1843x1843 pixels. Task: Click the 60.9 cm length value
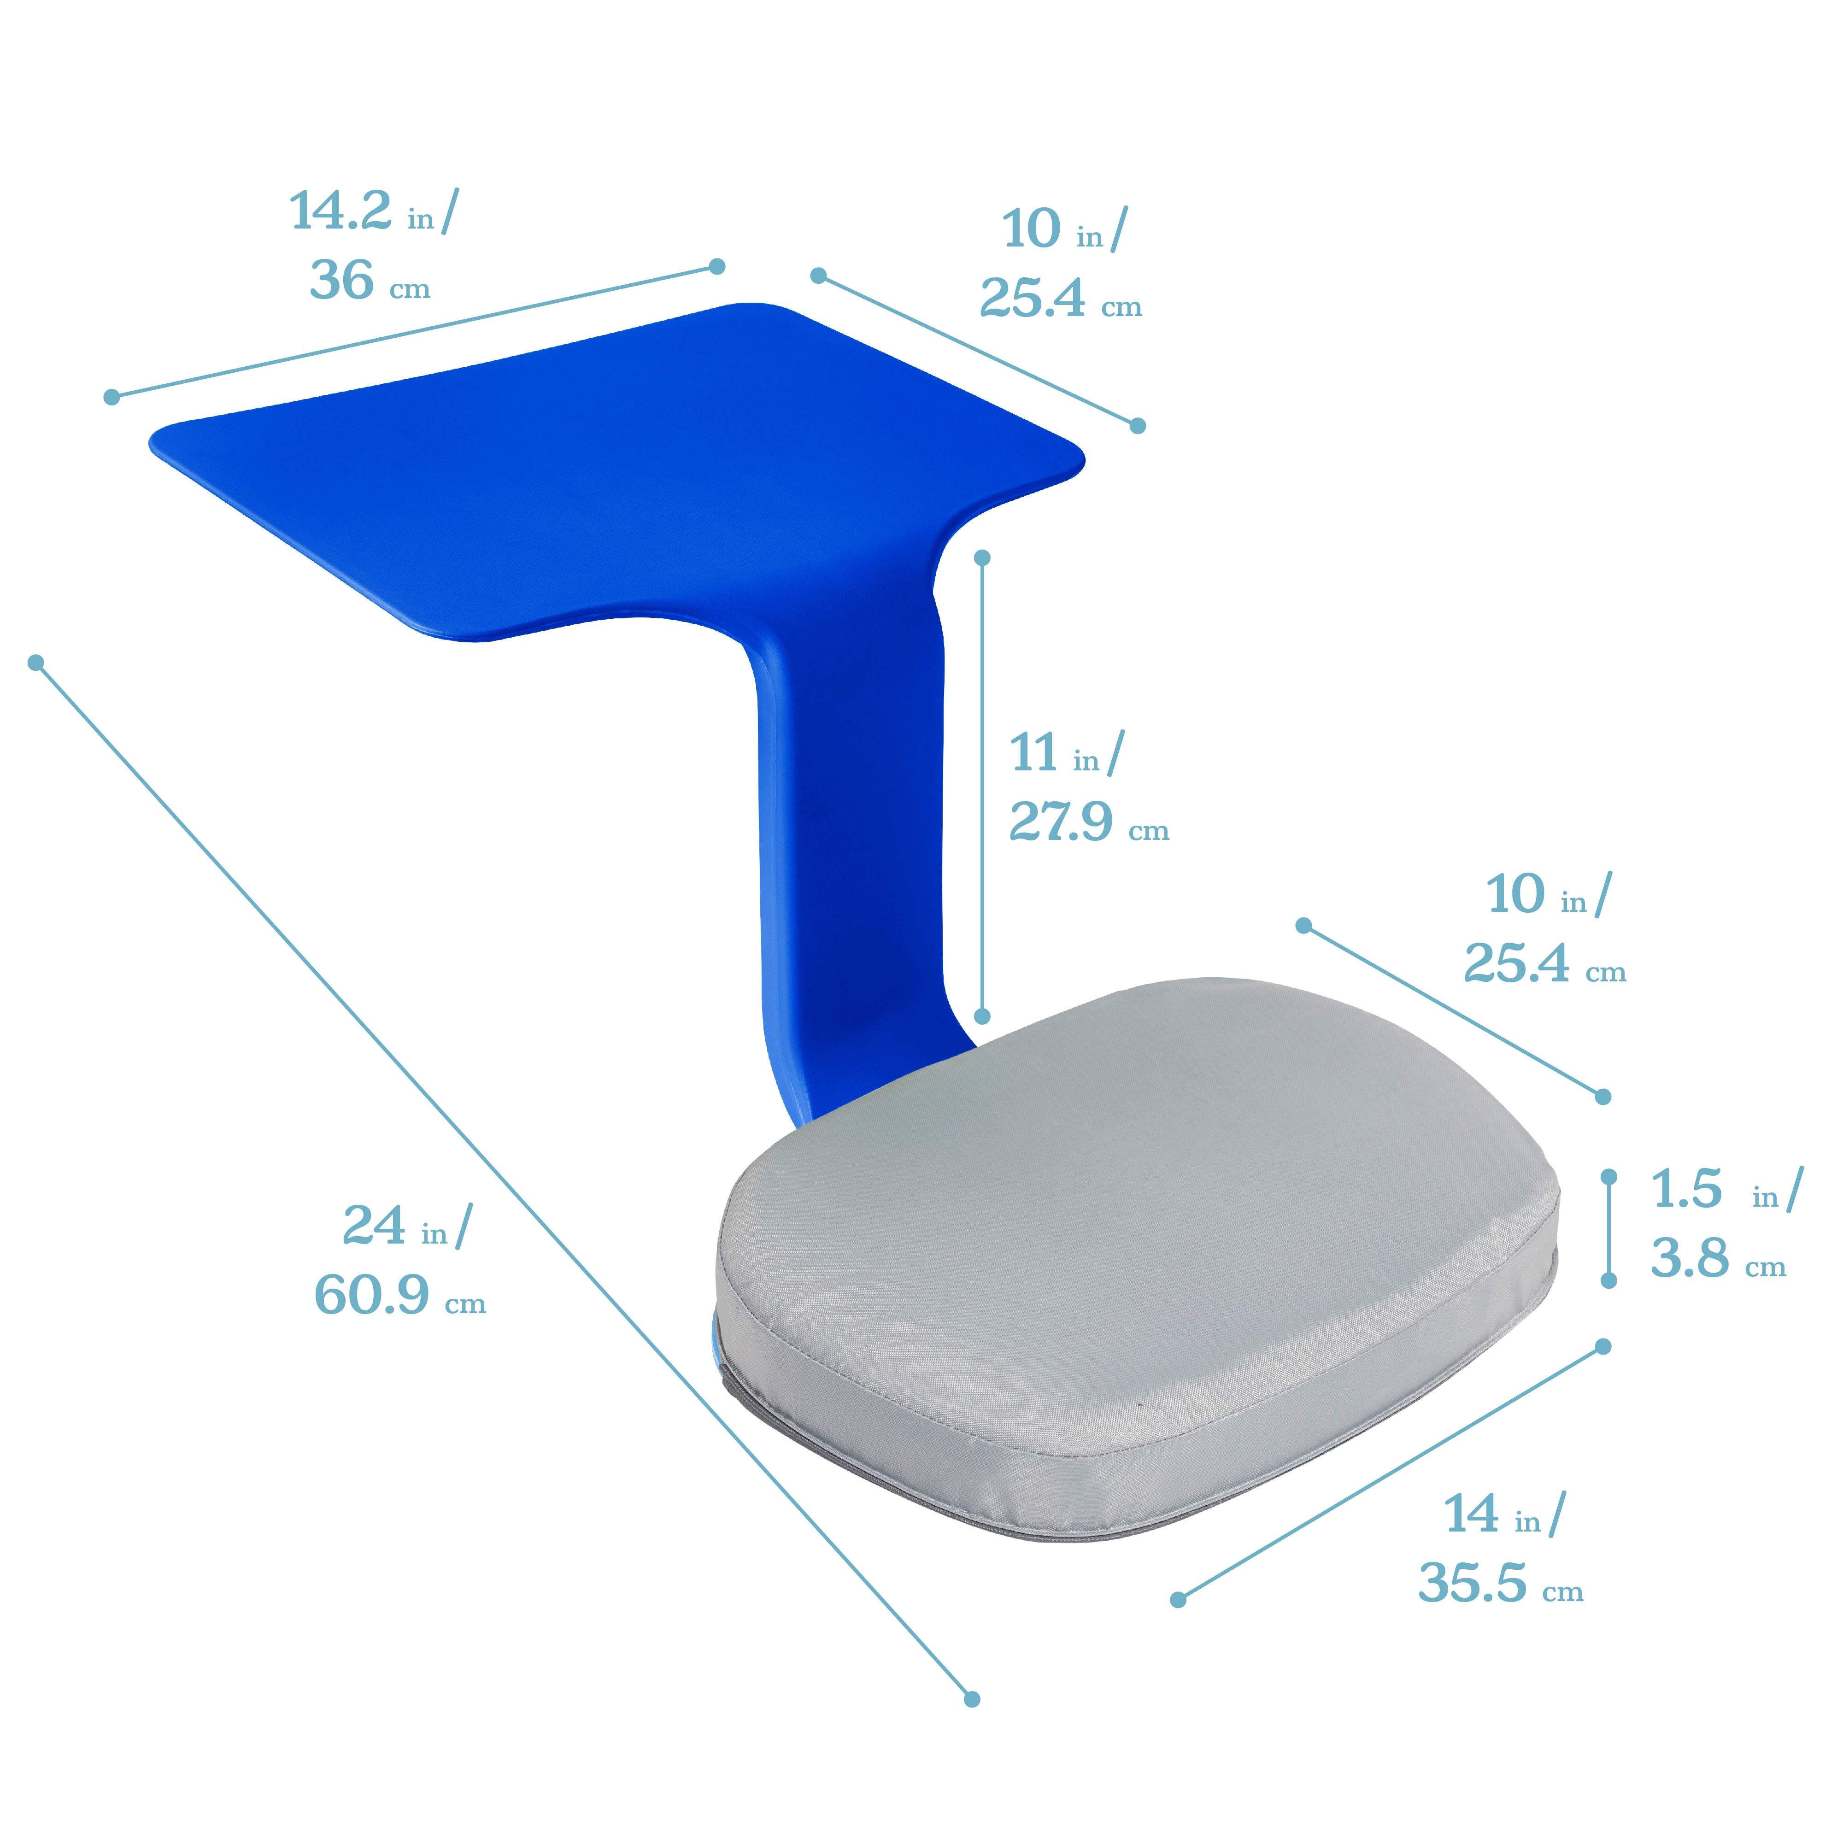point(371,1296)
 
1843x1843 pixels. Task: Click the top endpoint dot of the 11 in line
point(983,557)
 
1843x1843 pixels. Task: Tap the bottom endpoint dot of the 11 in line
point(983,1016)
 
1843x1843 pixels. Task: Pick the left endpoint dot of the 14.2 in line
point(112,397)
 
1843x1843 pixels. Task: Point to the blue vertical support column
point(849,858)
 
